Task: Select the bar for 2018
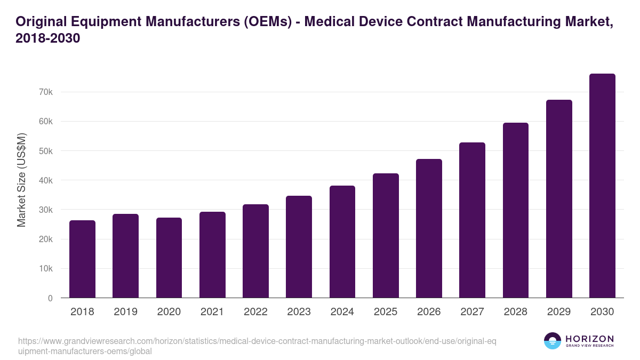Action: point(82,259)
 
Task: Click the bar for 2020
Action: point(169,258)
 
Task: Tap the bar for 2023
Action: point(299,247)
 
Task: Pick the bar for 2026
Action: point(429,228)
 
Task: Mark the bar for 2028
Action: point(515,210)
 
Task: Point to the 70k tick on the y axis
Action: point(45,92)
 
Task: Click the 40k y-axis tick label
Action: point(45,181)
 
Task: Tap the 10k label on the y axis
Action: point(45,269)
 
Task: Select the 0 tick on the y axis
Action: point(50,299)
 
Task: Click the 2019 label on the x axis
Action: point(125,312)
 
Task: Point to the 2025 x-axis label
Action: point(386,312)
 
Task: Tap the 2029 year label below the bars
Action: point(559,312)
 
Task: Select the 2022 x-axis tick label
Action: point(255,312)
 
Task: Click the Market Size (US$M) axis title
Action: point(22,179)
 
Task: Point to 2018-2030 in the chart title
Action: point(48,38)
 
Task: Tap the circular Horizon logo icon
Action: point(553,341)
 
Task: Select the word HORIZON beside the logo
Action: point(589,339)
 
